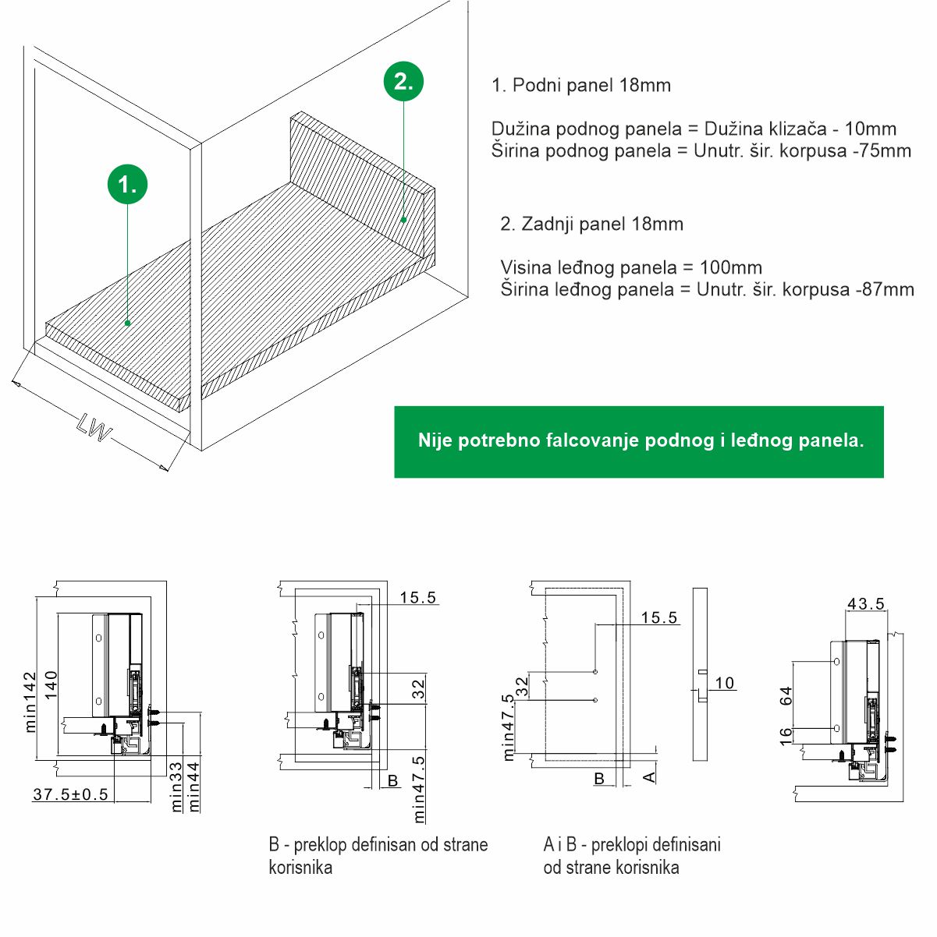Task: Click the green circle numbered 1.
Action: [127, 185]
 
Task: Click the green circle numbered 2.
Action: [403, 81]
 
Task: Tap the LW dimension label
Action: [95, 428]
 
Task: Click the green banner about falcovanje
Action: [639, 441]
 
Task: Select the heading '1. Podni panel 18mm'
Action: [581, 85]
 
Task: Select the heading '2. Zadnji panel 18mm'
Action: [591, 224]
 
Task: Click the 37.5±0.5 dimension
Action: [70, 795]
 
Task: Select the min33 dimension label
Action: [176, 786]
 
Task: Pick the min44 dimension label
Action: [194, 786]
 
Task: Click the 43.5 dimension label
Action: [866, 603]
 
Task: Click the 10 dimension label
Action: [725, 683]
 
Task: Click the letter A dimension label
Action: [649, 776]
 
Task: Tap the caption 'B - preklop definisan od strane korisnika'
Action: [378, 855]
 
